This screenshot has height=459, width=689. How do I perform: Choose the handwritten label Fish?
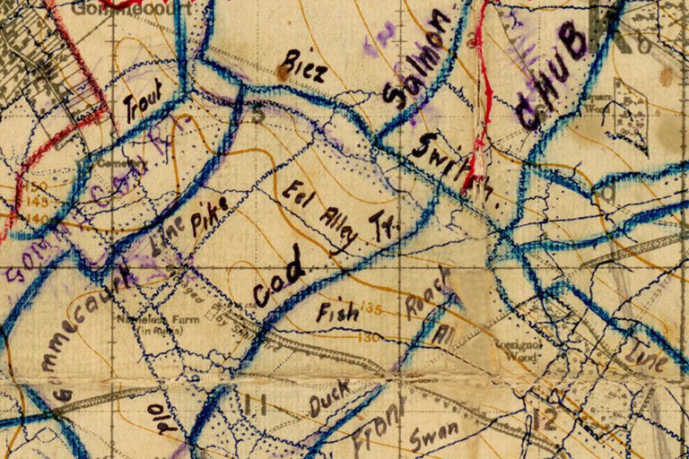point(338,313)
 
